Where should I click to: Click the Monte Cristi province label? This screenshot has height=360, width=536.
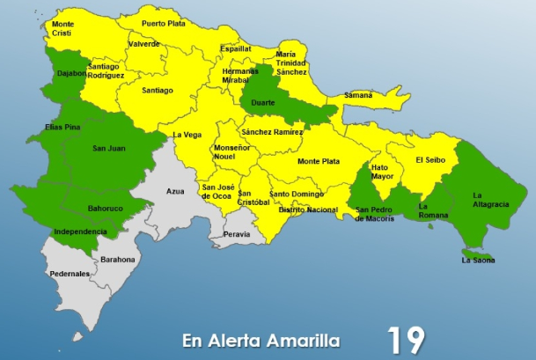[63, 29]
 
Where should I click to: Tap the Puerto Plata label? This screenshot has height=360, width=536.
[165, 23]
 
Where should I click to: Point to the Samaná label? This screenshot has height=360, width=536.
[357, 95]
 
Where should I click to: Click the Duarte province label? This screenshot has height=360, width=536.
[263, 103]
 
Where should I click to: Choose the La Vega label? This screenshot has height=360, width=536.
[187, 135]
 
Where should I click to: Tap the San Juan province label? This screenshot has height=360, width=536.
[107, 148]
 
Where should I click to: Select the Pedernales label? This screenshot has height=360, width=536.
[70, 274]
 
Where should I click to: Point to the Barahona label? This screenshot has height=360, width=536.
[118, 260]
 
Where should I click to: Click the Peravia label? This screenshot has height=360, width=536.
[237, 235]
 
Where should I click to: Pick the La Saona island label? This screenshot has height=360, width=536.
[478, 260]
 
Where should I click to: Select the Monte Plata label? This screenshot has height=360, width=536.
[319, 161]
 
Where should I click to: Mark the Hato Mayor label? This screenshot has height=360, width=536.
[382, 172]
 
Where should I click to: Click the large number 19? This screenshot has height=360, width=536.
[406, 339]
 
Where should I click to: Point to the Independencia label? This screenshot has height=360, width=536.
[80, 231]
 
